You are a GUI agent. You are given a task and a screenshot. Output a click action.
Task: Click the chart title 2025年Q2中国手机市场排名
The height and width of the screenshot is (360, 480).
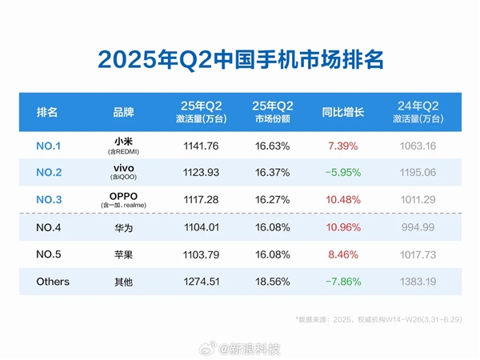[240, 60]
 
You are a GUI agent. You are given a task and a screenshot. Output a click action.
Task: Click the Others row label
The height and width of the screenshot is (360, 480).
[53, 282]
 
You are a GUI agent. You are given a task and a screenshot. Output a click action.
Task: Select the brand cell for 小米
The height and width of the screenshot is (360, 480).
[123, 146]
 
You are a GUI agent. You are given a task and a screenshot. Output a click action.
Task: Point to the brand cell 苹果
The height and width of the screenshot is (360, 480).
[123, 254]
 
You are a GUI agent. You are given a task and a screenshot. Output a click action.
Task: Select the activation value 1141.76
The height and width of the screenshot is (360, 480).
[196, 146]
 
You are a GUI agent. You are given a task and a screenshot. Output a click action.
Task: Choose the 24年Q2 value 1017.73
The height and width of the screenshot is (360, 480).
[416, 254]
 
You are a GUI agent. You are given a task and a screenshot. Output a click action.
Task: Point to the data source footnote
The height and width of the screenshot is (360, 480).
[384, 319]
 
